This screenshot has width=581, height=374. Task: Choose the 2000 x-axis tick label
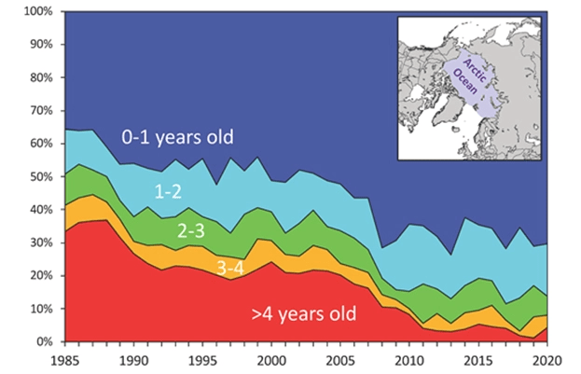point(271,357)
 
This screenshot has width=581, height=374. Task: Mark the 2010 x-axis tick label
point(409,357)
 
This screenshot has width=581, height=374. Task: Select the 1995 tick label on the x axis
point(202,357)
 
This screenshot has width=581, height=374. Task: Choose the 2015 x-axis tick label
point(478,357)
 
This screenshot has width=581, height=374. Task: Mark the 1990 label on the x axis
point(133,357)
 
